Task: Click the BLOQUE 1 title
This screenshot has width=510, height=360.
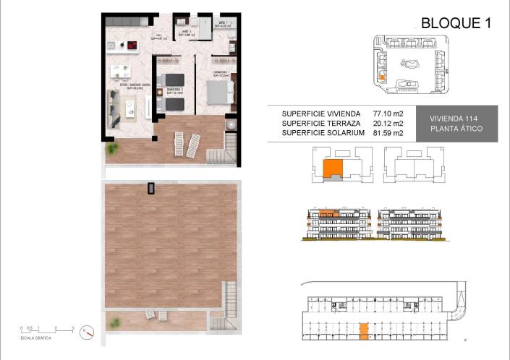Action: pyautogui.click(x=456, y=22)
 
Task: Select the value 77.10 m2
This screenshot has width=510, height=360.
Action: pyautogui.click(x=388, y=113)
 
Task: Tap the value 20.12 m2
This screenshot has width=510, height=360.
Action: pyautogui.click(x=388, y=123)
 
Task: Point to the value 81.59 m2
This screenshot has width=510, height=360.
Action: pyautogui.click(x=388, y=133)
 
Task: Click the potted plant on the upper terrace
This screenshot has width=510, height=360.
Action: pyautogui.click(x=112, y=148)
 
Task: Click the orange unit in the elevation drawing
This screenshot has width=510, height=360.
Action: pyautogui.click(x=329, y=214)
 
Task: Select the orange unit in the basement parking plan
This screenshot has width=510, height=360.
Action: pyautogui.click(x=363, y=330)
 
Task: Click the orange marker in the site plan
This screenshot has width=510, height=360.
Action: pyautogui.click(x=381, y=74)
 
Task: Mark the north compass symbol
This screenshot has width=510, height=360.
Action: pyautogui.click(x=86, y=332)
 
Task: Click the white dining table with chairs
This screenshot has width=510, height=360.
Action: pyautogui.click(x=120, y=72)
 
